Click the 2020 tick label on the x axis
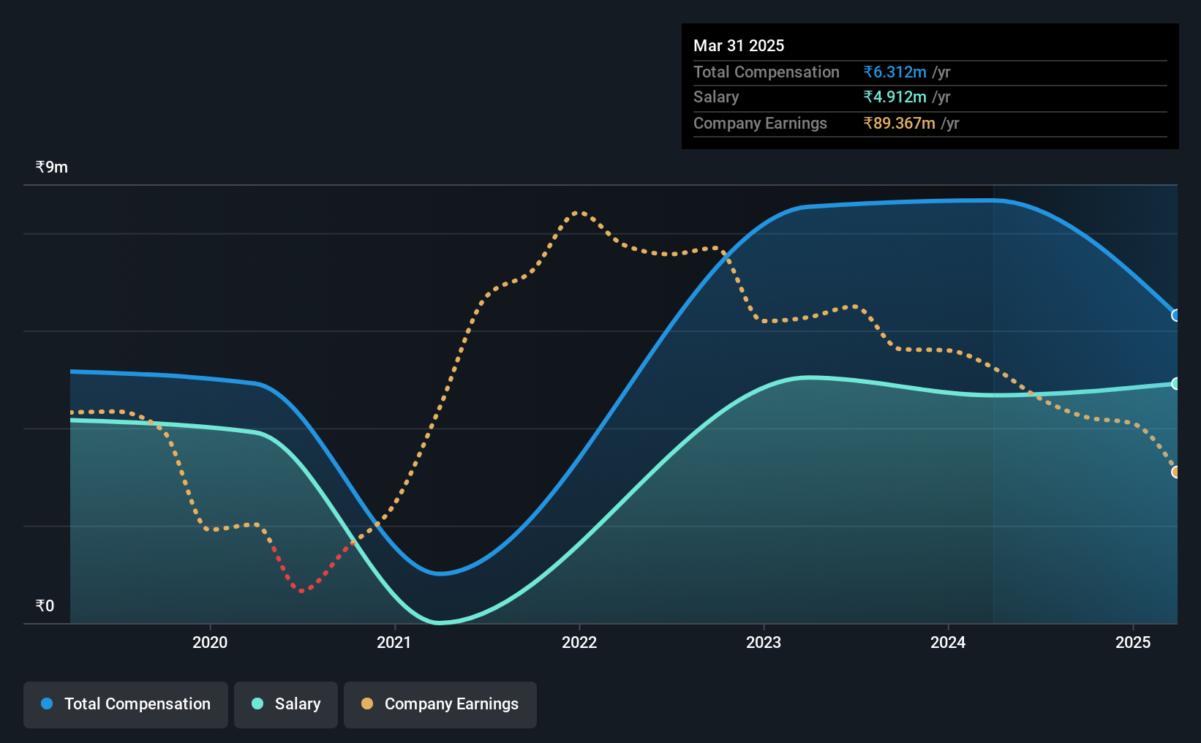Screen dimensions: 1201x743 (x=210, y=642)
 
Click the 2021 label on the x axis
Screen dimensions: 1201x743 (x=394, y=642)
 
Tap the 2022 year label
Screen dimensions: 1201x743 (x=579, y=642)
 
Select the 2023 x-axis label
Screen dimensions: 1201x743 (x=764, y=642)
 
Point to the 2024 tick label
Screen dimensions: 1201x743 (x=948, y=642)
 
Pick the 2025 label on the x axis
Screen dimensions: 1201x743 (x=1133, y=642)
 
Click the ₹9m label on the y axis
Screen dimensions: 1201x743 (x=51, y=167)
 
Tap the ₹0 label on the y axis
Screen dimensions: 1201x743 (x=45, y=606)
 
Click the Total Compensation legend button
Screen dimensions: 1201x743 (x=126, y=704)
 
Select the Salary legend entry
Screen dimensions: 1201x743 (x=286, y=704)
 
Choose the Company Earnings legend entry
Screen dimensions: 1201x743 (x=440, y=704)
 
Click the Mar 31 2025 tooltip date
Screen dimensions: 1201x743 (x=738, y=45)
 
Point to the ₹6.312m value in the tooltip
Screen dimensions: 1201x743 (x=895, y=72)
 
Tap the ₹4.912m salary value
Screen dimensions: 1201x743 (x=895, y=97)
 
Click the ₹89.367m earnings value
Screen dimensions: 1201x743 (x=899, y=124)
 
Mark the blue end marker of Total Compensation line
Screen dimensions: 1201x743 (x=1175, y=315)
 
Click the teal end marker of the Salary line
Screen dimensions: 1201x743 (x=1175, y=384)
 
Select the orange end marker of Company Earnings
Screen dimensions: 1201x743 (x=1175, y=472)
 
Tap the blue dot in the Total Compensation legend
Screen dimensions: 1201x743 (x=48, y=704)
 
